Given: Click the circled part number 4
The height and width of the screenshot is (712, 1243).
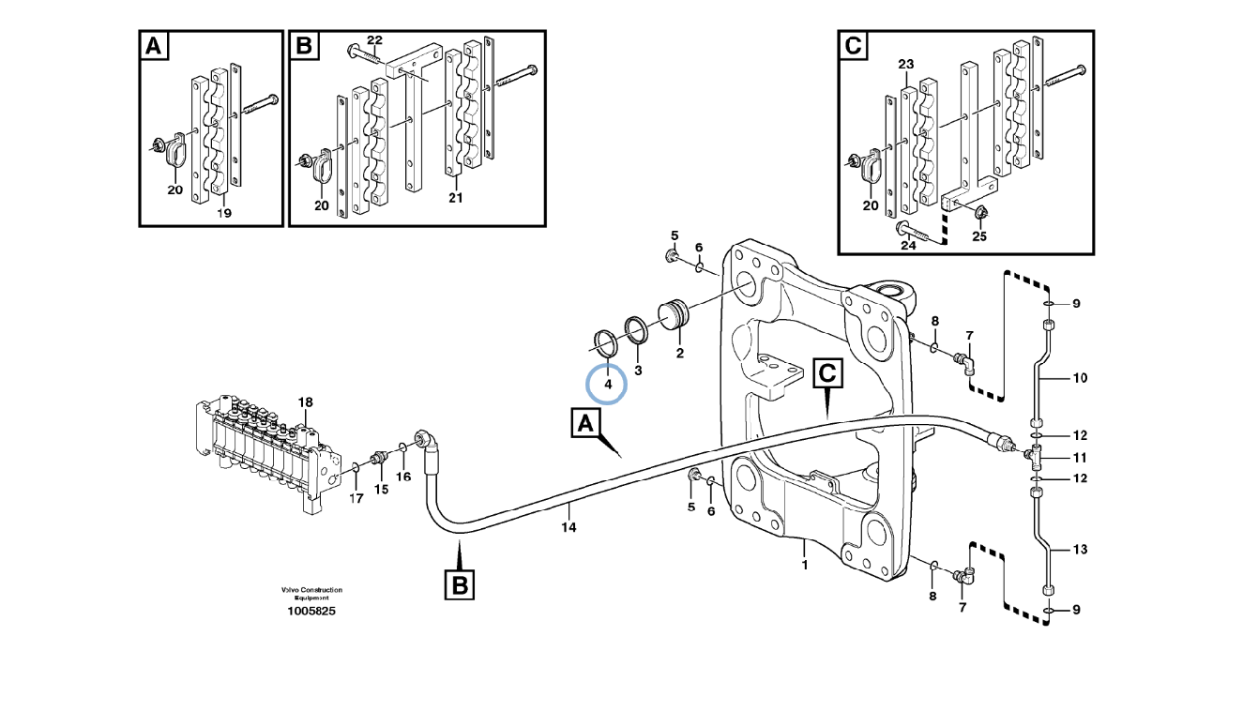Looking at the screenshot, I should tap(608, 384).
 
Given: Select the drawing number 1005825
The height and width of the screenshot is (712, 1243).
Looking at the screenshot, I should tap(311, 611).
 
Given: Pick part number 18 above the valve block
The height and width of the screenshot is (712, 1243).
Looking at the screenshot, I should tap(305, 402).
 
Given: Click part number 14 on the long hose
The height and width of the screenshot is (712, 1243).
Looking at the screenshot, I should tap(568, 528).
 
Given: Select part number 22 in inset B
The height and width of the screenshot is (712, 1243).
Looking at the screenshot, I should tap(374, 40).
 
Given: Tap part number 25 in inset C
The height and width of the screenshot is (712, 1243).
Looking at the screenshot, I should tap(979, 235).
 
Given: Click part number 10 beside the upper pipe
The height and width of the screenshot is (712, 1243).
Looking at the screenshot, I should tap(1079, 378).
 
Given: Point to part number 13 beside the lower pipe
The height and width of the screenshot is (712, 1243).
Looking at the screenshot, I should tap(1079, 549).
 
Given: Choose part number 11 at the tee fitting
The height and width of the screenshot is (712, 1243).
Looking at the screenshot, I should tap(1079, 458).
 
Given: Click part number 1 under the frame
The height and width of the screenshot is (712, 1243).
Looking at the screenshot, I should tap(803, 566).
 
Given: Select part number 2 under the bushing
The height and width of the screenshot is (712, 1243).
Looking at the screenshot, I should tap(679, 354).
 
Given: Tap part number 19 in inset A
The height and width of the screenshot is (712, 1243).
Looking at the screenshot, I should tap(223, 214).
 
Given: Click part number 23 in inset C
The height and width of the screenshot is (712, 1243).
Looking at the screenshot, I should tap(905, 64).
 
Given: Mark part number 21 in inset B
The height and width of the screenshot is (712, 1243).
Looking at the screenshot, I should tap(456, 198).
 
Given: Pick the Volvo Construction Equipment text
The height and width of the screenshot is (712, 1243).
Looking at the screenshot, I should tap(311, 593).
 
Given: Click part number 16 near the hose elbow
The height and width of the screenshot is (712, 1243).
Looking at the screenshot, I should tap(402, 477).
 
